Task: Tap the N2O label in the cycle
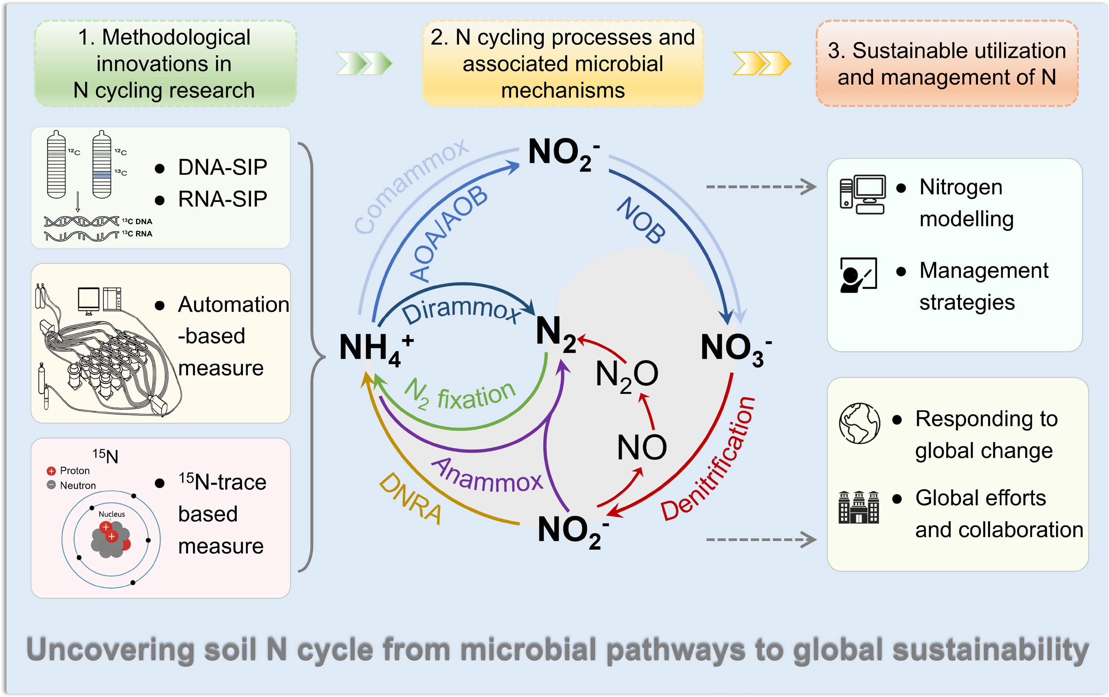[627, 375]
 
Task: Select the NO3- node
[735, 348]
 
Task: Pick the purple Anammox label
[487, 477]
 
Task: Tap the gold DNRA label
[410, 499]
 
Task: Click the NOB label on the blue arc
[641, 220]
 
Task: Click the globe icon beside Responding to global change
[859, 423]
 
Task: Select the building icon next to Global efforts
[858, 507]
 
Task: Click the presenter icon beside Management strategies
[858, 275]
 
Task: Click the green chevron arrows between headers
[363, 63]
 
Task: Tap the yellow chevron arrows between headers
[761, 63]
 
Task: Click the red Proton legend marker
[51, 471]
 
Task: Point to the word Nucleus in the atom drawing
[111, 514]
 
